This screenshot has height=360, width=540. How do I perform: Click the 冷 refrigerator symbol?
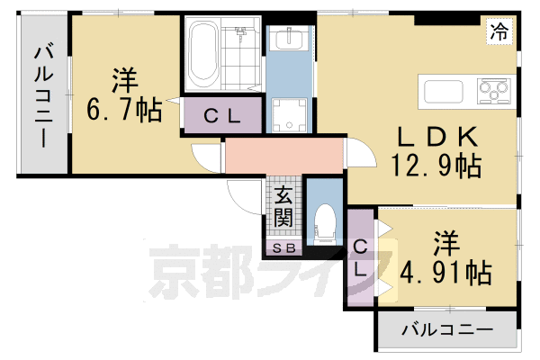(498, 31)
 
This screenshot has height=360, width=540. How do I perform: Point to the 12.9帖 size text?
(435, 166)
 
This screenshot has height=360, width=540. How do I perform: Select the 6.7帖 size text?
(125, 111)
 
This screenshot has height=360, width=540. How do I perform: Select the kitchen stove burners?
(492, 89)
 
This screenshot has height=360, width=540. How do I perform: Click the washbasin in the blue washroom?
(289, 40)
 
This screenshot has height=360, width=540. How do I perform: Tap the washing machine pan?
(290, 113)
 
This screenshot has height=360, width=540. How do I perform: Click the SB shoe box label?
(283, 247)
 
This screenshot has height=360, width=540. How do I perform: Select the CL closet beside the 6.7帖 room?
(220, 115)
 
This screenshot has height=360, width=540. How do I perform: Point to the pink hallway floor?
(283, 155)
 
